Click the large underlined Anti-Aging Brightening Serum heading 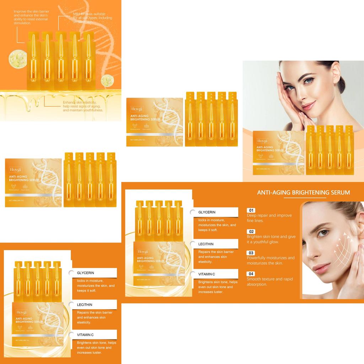pyautogui.click(x=303, y=193)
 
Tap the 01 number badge pyautogui.click(x=251, y=210)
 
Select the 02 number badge pyautogui.click(x=251, y=232)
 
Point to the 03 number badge pyautogui.click(x=251, y=253)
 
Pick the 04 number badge pyautogui.click(x=251, y=274)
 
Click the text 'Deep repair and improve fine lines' pyautogui.click(x=269, y=218)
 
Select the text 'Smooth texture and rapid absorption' pyautogui.click(x=270, y=282)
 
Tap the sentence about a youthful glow pyautogui.click(x=271, y=239)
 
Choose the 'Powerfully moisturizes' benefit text pyautogui.click(x=271, y=260)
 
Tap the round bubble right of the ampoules pyautogui.click(x=107, y=81)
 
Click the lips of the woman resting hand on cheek pyautogui.click(x=308, y=105)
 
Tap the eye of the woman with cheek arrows pyautogui.click(x=322, y=233)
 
